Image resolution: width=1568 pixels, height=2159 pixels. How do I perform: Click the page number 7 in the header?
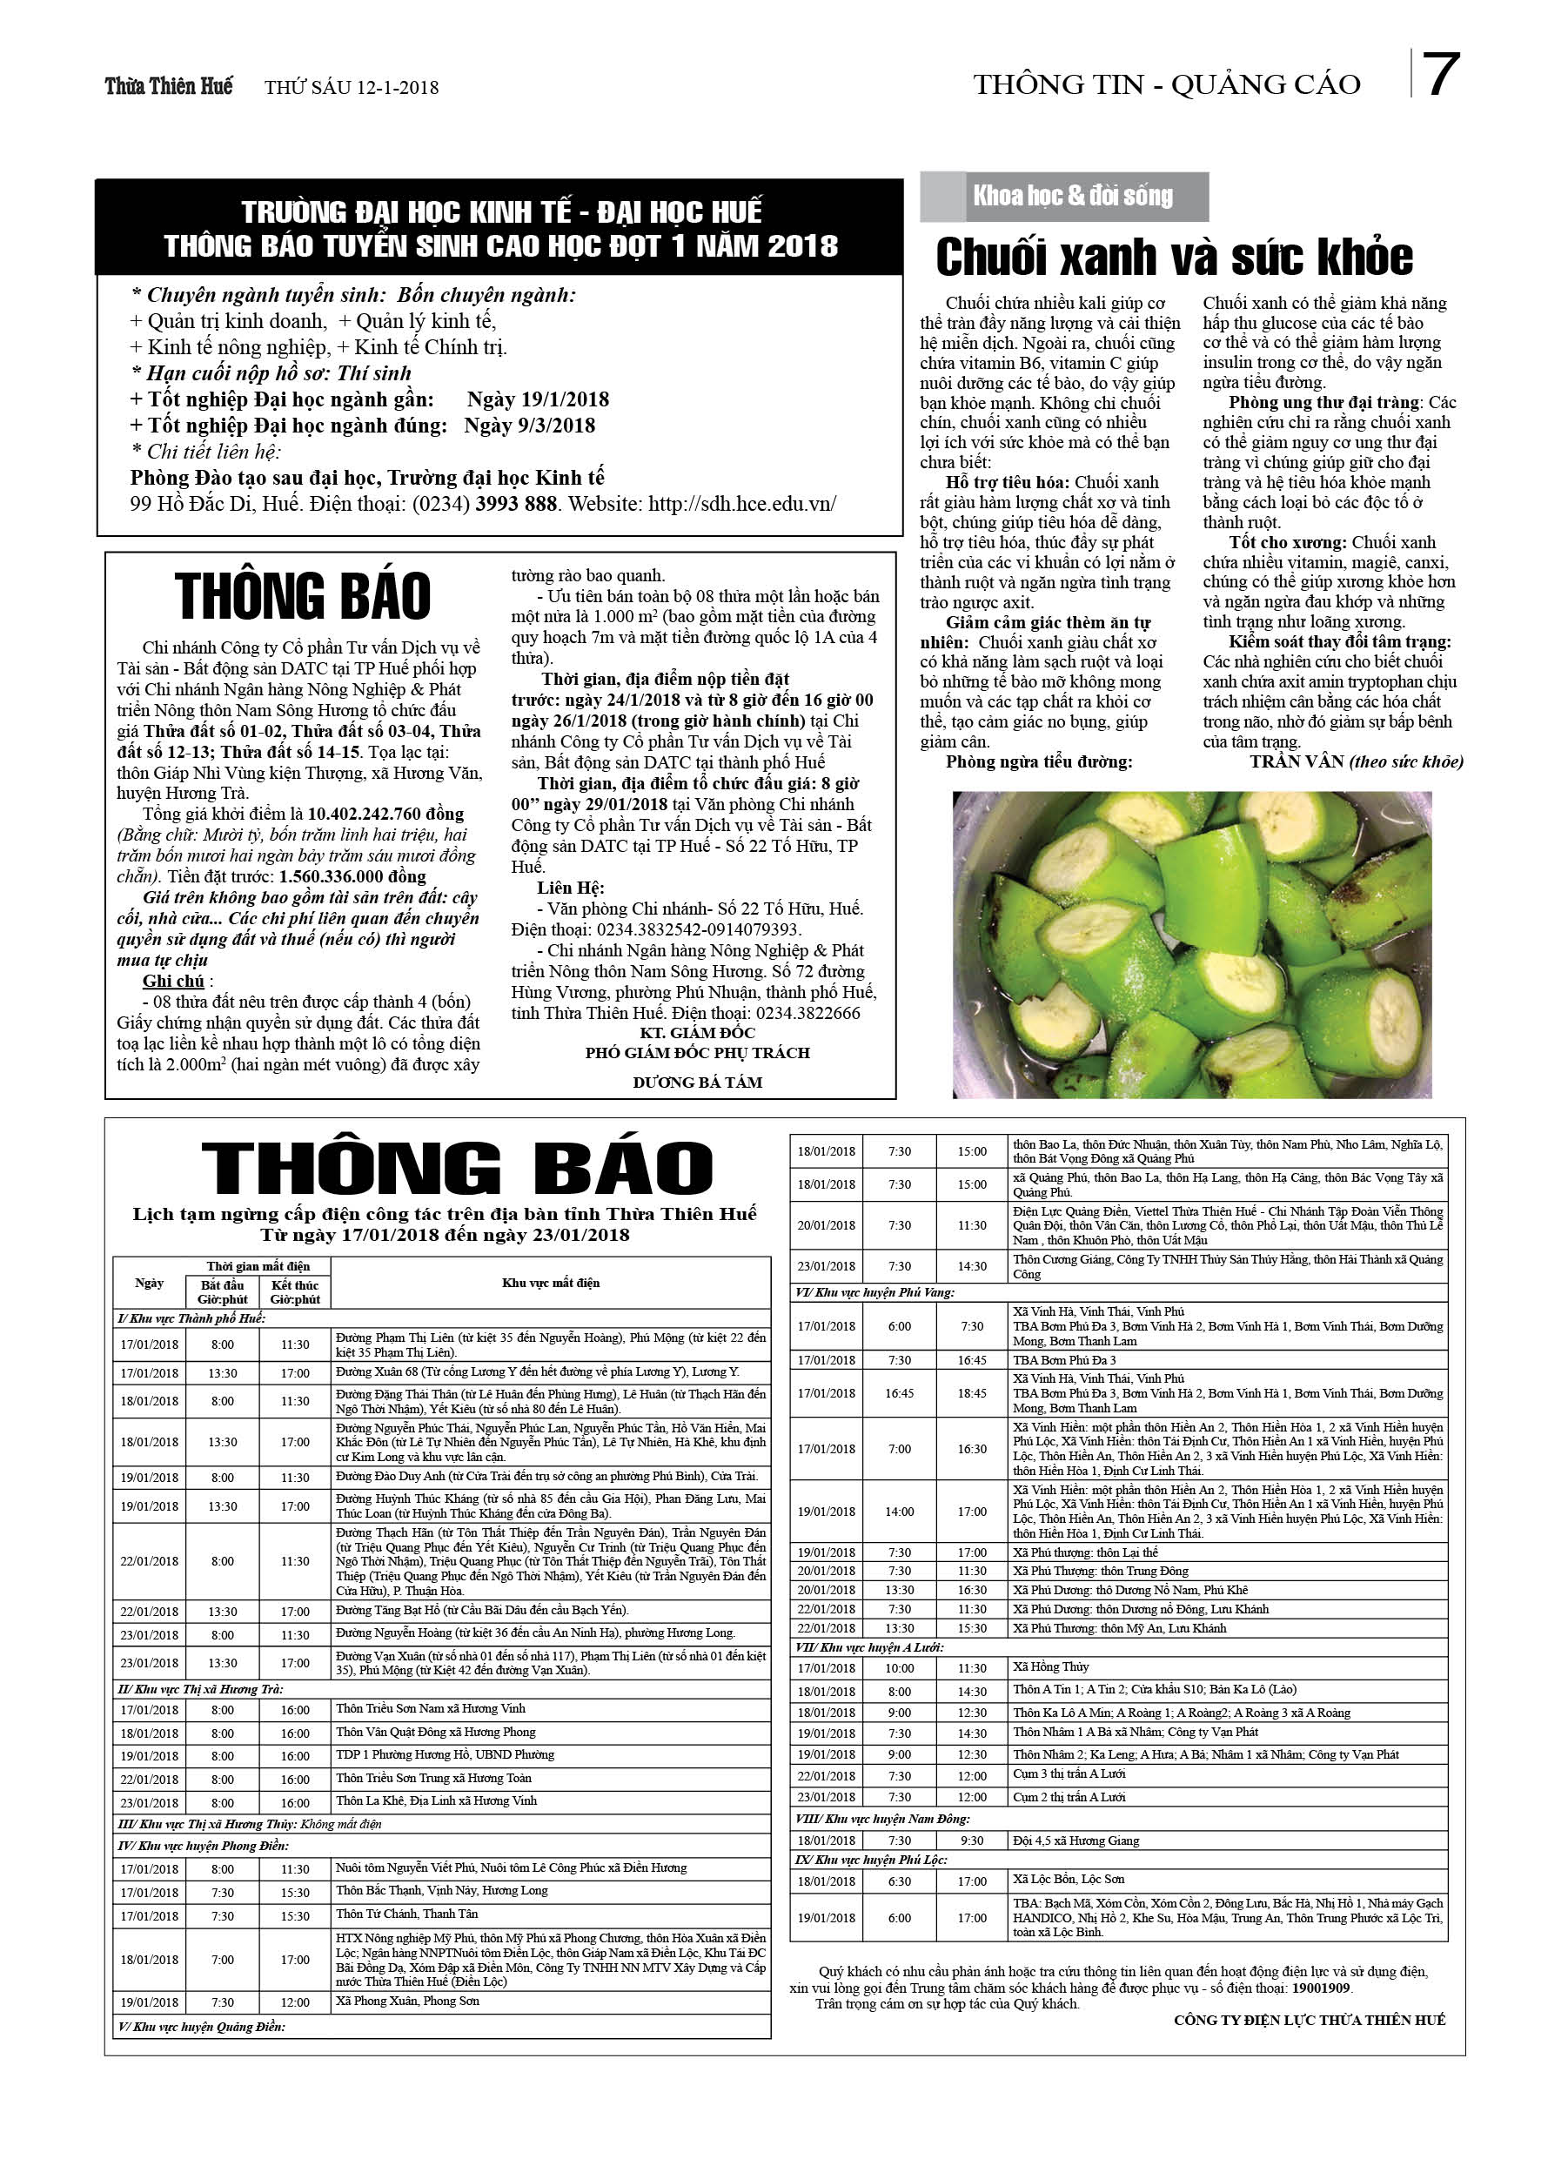click(x=1441, y=77)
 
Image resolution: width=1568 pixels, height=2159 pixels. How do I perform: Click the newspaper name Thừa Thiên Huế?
click(x=169, y=87)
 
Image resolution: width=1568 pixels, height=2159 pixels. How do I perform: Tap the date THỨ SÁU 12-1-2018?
click(x=352, y=88)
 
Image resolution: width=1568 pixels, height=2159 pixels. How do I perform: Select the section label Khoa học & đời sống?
click(x=1072, y=196)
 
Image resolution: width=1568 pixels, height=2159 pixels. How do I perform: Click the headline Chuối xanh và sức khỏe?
click(x=1174, y=257)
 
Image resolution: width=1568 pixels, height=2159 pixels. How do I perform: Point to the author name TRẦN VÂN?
click(x=1297, y=761)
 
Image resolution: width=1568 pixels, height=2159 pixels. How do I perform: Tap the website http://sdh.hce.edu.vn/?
click(x=741, y=504)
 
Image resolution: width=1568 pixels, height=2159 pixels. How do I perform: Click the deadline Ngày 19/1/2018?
click(x=538, y=399)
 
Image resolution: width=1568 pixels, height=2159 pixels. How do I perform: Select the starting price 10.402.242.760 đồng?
click(x=385, y=814)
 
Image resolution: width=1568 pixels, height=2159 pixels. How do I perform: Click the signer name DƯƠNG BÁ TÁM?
click(x=697, y=1083)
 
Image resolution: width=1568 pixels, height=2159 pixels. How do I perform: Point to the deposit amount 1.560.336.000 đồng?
click(x=352, y=876)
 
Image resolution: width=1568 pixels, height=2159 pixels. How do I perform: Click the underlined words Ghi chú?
click(x=173, y=981)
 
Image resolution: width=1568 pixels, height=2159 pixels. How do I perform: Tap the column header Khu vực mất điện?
click(x=550, y=1284)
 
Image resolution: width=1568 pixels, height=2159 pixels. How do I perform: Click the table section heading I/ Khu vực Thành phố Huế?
click(x=191, y=1318)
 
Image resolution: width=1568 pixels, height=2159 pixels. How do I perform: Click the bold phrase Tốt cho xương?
click(x=1287, y=543)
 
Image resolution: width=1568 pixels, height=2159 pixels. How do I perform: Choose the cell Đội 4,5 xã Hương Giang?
click(x=1075, y=1841)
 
